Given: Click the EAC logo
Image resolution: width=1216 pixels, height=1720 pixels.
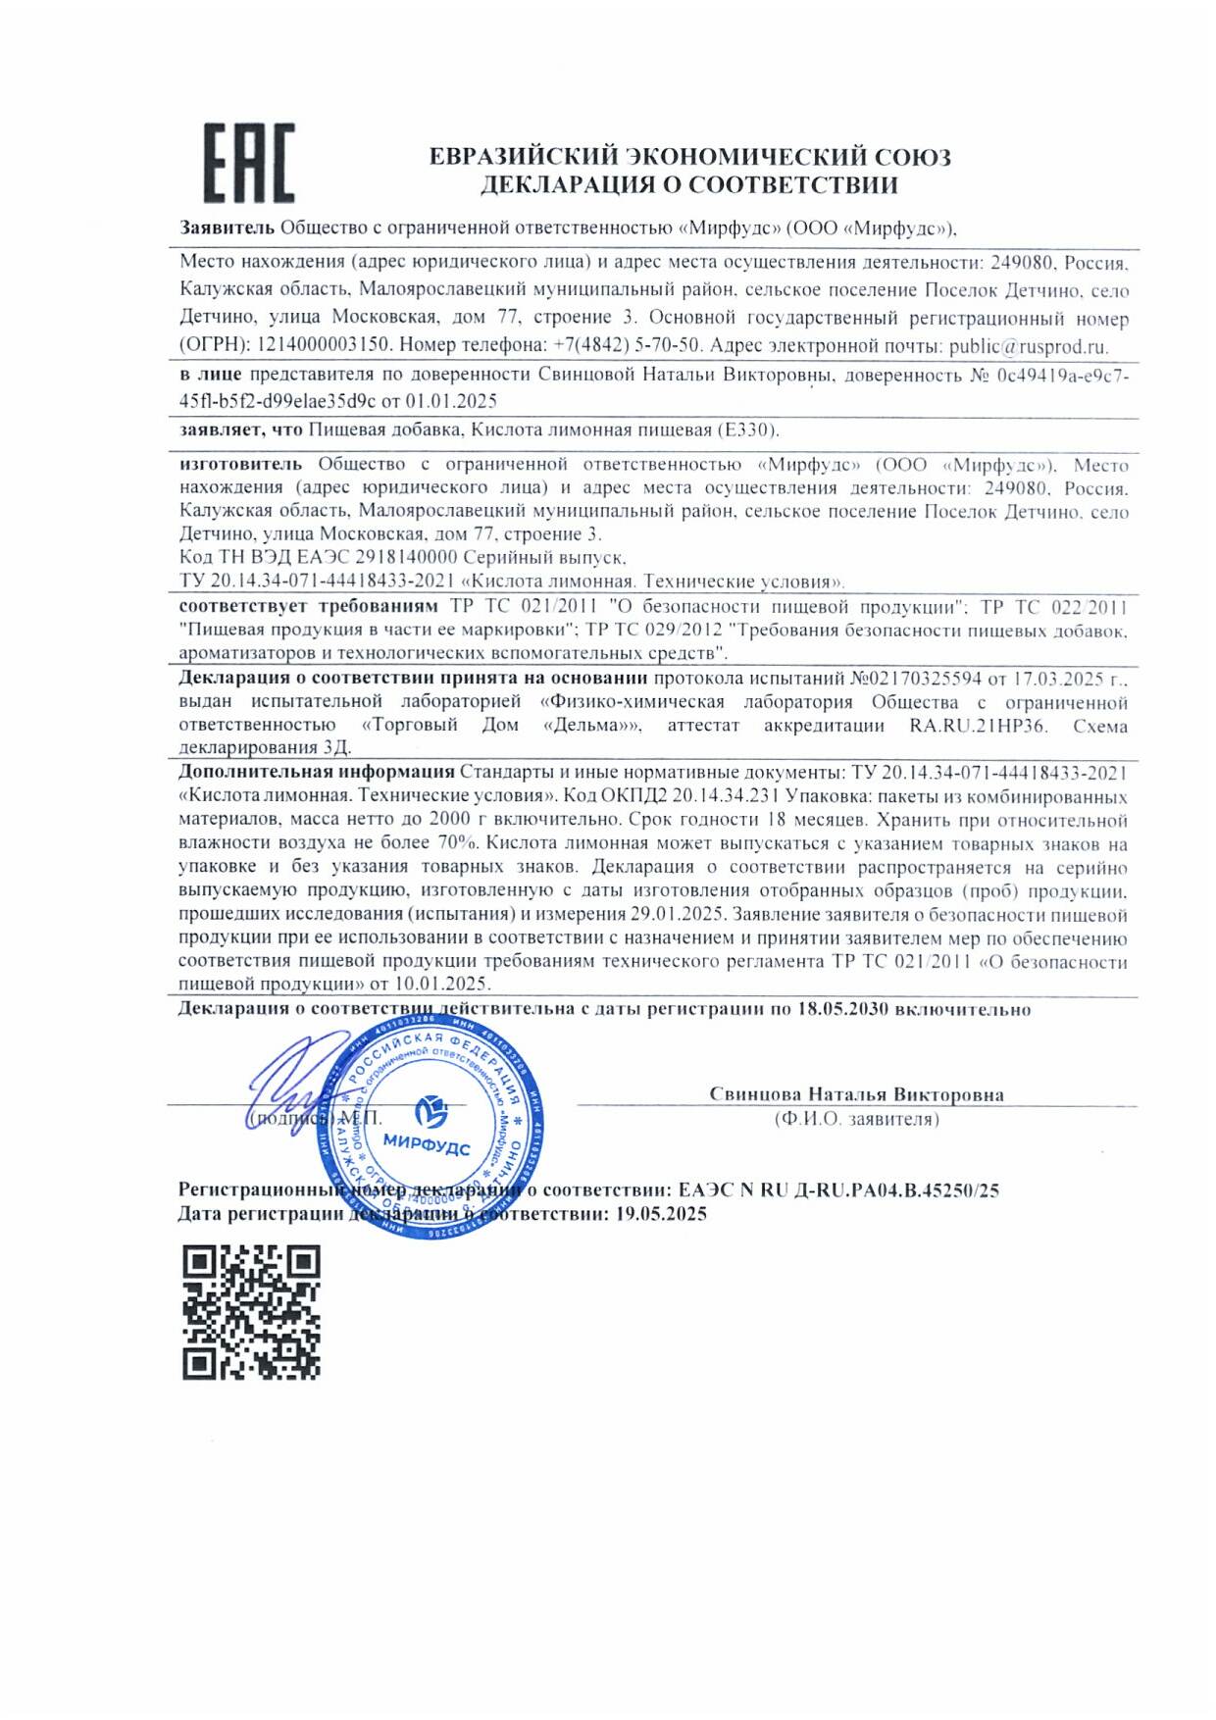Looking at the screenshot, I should coord(249,164).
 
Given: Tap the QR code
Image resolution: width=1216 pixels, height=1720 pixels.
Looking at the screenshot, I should coord(251,1311).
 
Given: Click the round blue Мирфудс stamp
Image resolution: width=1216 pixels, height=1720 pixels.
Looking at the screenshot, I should coord(431,1128).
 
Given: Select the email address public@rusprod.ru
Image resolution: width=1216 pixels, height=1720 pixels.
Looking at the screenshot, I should coord(1028,345).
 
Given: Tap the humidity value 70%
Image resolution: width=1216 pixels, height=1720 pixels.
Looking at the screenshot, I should coord(460,842).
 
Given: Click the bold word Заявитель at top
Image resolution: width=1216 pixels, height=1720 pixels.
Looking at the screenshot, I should coord(227,228).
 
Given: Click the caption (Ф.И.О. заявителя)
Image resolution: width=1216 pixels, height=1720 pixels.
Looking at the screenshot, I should coord(856,1119).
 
